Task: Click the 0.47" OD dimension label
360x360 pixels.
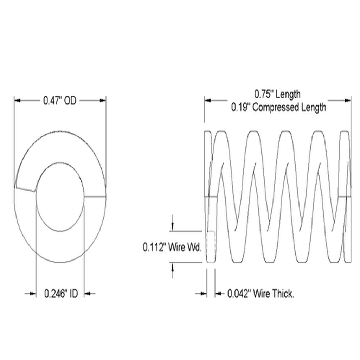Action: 59,101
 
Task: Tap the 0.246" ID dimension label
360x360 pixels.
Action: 60,293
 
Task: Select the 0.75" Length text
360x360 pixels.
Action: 277,94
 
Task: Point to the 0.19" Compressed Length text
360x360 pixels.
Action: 278,107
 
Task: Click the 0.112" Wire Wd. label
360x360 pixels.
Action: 172,247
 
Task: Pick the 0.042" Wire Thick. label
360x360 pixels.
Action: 260,293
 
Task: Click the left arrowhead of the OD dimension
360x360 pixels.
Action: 18,101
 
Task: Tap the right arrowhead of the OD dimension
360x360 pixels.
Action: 102,101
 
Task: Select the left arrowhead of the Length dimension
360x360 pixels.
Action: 208,101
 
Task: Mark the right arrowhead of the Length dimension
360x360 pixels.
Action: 347,101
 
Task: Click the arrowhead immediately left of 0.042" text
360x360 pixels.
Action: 218,293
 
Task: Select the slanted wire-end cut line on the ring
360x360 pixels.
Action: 25,188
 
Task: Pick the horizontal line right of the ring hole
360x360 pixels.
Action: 95,197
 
